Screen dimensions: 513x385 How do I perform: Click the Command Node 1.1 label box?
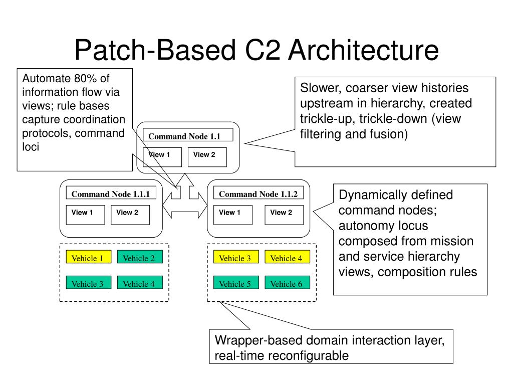[x=188, y=135]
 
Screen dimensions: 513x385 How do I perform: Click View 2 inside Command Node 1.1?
[x=207, y=157]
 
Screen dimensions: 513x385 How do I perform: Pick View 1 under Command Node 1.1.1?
[x=85, y=215]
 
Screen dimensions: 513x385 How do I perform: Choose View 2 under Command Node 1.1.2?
[x=284, y=215]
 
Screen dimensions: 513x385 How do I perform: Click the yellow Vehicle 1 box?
[x=89, y=257]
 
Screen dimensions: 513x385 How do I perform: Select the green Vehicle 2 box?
[x=140, y=257]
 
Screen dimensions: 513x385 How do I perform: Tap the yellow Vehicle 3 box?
[x=236, y=257]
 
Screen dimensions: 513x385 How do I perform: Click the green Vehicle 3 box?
[x=89, y=283]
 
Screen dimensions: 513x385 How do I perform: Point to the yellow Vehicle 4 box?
[x=287, y=257]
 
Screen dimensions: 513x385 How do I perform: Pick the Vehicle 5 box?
[x=236, y=283]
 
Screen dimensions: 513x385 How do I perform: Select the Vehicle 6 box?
[x=287, y=283]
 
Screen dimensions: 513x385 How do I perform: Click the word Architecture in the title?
[x=363, y=50]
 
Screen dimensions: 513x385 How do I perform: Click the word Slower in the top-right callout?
[x=321, y=88]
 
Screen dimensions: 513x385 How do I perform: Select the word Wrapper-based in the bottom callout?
[x=259, y=340]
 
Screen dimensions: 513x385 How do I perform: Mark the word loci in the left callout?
[x=31, y=147]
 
